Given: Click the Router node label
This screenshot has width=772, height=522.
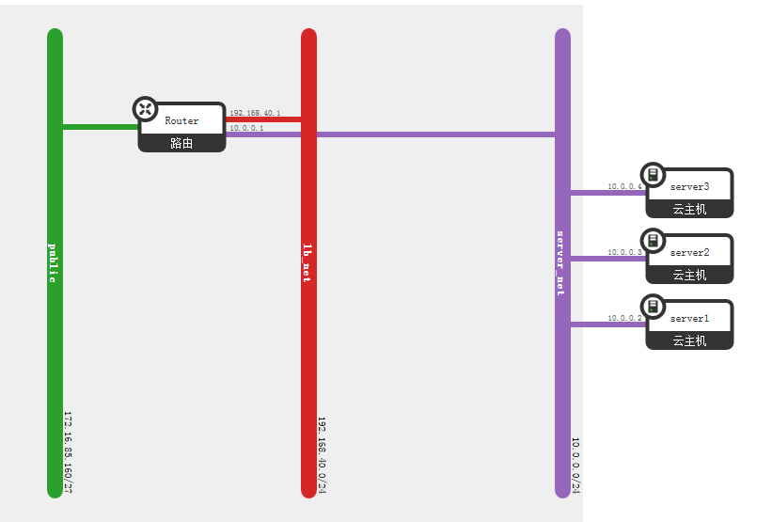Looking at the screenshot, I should coord(181,121).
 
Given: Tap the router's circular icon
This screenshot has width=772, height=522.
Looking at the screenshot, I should coord(146,109).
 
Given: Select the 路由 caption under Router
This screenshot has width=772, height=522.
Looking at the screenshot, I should coord(181,144).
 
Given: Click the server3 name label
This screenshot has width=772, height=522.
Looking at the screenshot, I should coord(689,187).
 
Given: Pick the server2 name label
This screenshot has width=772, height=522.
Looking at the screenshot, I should coord(689,253).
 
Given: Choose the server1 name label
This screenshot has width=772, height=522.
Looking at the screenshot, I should coord(689,319).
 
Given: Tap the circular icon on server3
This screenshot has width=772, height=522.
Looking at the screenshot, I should coord(653,175).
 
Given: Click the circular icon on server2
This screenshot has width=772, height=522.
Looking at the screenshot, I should coord(653,241).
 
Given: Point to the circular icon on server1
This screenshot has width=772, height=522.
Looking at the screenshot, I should coord(653,307).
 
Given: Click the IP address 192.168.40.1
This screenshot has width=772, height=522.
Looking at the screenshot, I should coord(255,113).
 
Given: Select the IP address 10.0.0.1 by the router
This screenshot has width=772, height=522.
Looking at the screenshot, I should coord(246,128).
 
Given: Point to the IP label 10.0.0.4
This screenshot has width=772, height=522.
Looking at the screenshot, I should coord(624,187).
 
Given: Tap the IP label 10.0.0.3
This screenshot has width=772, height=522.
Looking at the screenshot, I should coord(624,253).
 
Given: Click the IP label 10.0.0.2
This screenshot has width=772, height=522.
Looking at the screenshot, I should coord(624,319).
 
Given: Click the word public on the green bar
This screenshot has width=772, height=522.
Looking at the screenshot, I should coord(54,262).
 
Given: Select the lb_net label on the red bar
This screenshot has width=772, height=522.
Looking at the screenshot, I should coord(307,262).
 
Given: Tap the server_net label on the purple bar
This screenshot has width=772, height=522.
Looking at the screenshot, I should coord(561,262).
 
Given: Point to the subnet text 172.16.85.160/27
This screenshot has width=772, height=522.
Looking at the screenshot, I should coord(68,451).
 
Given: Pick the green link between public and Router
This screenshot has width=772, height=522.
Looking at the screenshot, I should coord(99,126).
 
